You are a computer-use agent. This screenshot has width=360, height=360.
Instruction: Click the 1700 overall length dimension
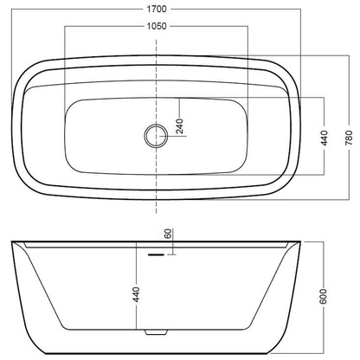157,10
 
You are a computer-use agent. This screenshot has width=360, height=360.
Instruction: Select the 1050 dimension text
157,26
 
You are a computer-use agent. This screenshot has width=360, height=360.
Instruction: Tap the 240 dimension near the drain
179,126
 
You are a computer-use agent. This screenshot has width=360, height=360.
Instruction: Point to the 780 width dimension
349,138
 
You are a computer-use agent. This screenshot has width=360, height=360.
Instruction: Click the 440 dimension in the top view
325,138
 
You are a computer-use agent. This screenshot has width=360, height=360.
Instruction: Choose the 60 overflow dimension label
168,234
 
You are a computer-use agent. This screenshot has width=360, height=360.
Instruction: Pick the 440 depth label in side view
136,294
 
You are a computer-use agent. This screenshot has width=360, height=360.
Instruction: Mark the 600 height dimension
324,296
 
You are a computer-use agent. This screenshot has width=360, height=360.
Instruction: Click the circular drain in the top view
156,136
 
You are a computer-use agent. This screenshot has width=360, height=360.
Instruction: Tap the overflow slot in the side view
156,254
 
